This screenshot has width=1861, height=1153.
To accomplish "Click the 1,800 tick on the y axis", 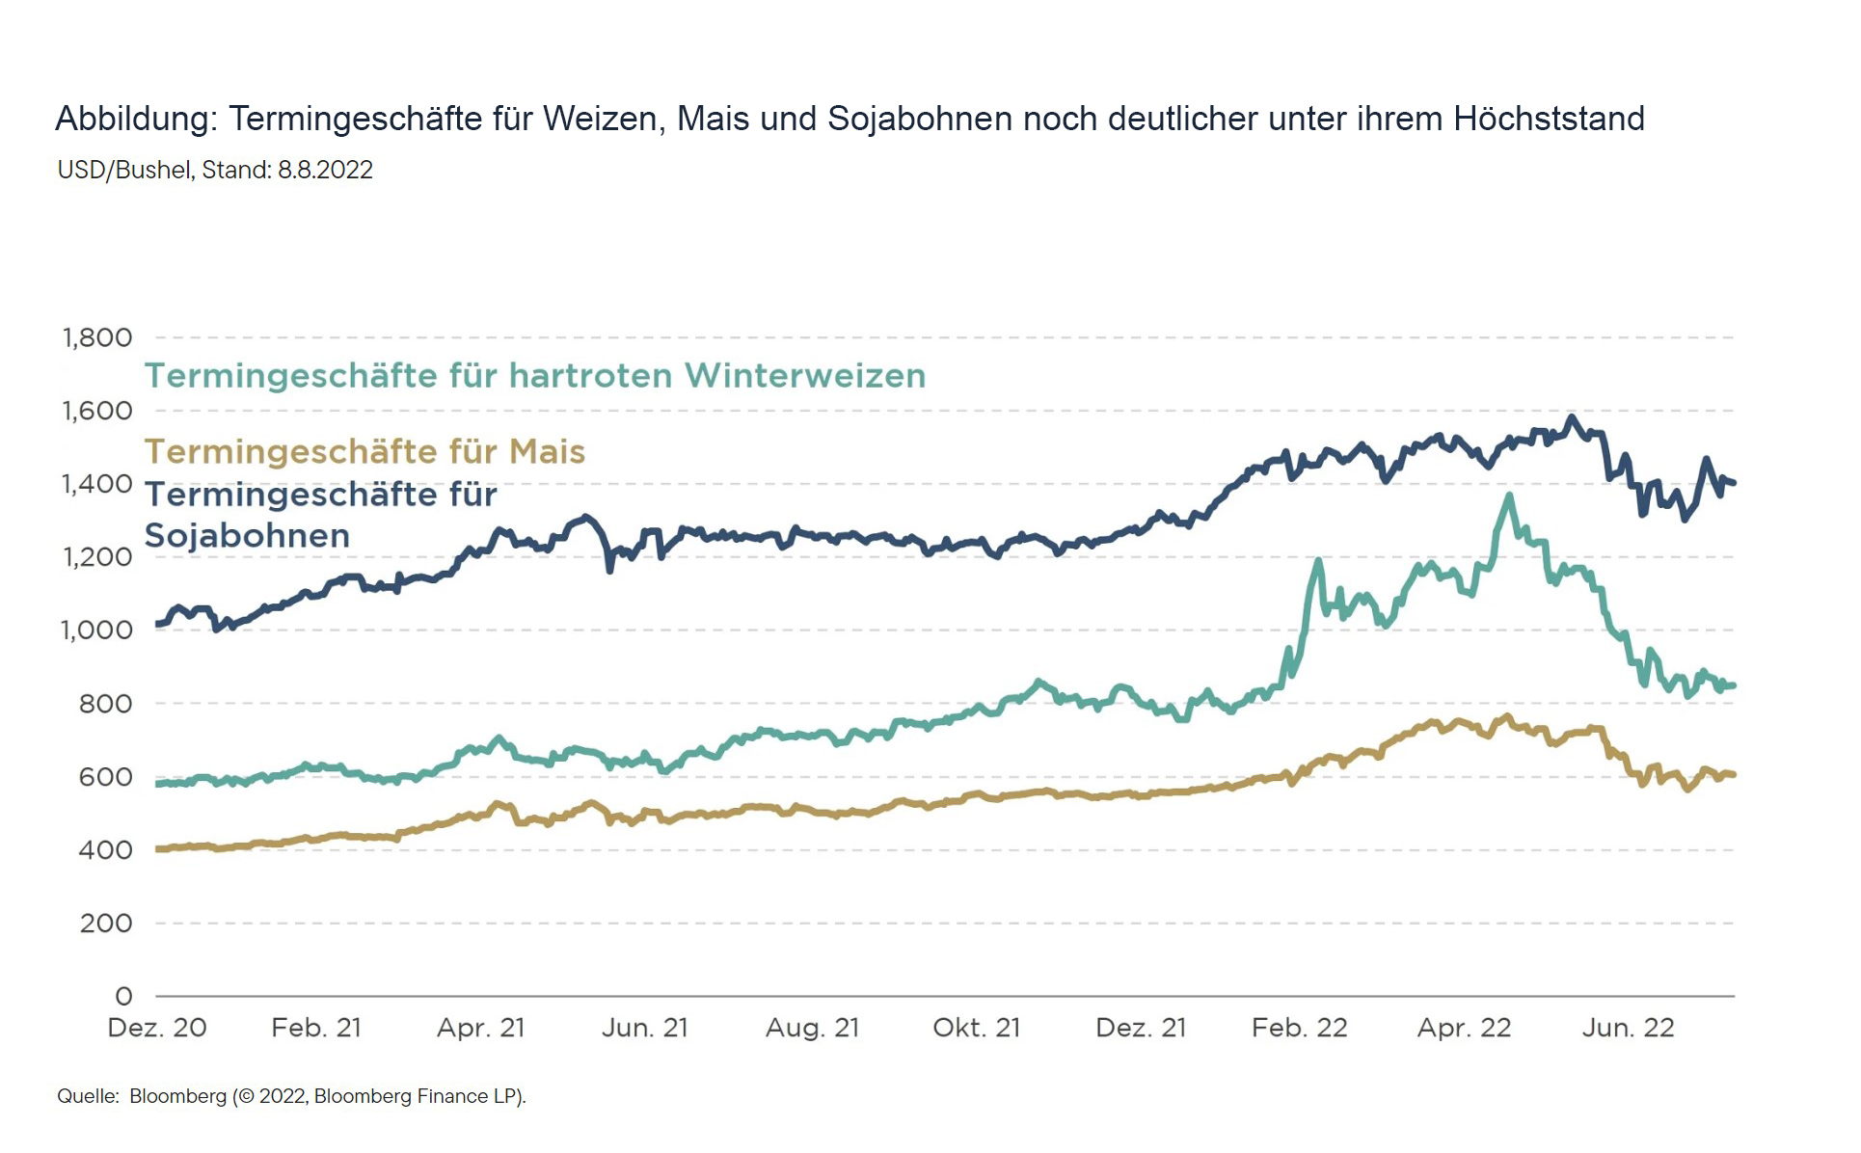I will coord(97,337).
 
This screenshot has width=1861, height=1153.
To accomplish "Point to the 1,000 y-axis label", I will coord(96,630).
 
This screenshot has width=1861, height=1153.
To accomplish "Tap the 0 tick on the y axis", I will coord(123,996).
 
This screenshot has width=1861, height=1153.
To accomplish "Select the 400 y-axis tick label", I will coord(105,850).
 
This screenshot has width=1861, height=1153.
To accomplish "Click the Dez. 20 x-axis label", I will coord(157,1028).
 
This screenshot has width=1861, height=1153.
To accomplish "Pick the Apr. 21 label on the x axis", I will coord(481,1028).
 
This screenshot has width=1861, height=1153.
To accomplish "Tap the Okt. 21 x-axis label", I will coord(977,1028).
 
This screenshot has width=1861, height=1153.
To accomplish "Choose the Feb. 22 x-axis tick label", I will coord(1299,1028).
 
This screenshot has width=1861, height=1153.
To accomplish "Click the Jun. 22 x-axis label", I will coord(1629,1028).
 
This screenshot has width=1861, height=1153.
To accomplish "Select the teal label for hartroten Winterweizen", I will coord(535,376).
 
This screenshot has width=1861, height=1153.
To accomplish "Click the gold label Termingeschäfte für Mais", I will coord(364,452).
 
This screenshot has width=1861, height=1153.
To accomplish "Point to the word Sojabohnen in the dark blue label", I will coord(247,536).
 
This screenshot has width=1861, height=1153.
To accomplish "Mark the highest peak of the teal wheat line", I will coord(1509,496).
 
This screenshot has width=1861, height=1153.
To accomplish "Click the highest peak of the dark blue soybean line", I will coord(1572,417).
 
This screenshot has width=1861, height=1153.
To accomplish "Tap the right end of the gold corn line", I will coord(1733,774).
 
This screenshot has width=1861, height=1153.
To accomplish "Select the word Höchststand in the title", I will coord(1549,119).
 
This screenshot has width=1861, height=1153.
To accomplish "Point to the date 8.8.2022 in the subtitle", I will coord(325,171).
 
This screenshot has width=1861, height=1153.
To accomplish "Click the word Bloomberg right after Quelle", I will coord(177,1096).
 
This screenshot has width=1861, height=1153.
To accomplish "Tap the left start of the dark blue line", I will coord(158,624).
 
